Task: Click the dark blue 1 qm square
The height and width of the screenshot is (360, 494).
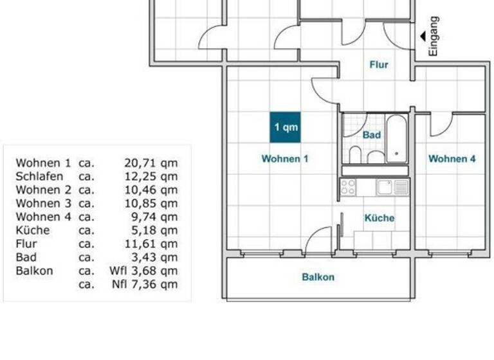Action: coord(285,127)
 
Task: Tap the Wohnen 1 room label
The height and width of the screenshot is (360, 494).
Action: coord(285,158)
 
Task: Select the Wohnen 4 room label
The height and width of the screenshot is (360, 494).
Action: coord(452,158)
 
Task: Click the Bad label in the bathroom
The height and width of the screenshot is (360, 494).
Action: coord(372,135)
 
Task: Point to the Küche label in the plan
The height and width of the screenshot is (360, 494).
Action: coord(380,218)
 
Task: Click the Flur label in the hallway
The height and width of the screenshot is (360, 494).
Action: coord(379,64)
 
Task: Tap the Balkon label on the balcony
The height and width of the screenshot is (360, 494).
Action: coord(318,277)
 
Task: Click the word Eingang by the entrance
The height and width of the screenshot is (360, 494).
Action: coord(434,36)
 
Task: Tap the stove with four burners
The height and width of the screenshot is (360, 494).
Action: coord(348,187)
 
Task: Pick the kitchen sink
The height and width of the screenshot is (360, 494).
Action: coord(385,187)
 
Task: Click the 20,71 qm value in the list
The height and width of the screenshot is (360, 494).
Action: coord(151,163)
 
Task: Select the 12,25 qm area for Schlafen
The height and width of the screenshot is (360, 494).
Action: coord(151,176)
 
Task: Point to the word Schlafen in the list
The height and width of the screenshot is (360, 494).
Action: coord(39,176)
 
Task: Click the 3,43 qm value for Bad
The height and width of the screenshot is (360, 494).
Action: coord(154,257)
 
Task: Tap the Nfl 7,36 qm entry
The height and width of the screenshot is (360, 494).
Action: coord(145,284)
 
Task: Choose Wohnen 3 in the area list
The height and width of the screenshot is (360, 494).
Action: coord(43,203)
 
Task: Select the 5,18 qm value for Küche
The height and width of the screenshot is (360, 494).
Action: coord(154,230)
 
